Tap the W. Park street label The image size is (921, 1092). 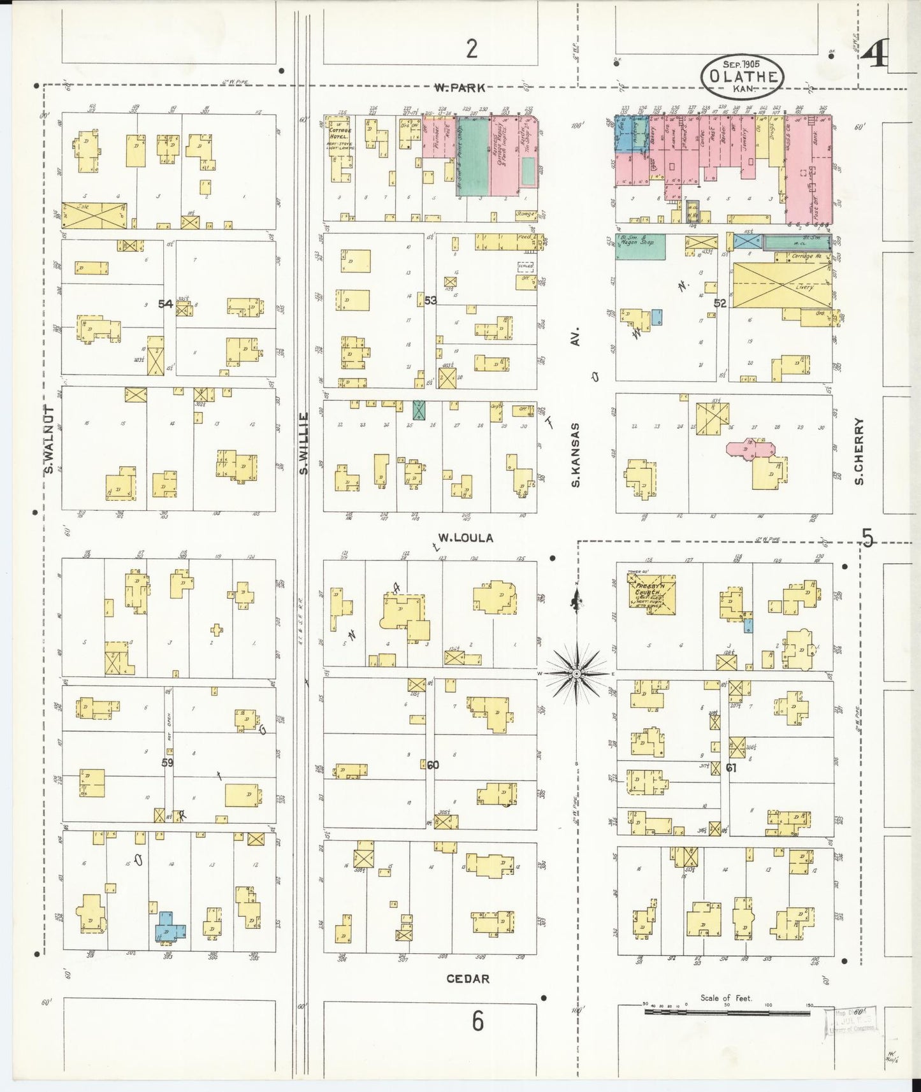point(459,88)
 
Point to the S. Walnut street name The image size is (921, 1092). point(48,440)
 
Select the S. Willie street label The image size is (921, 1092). point(304,443)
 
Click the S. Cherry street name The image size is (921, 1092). point(859,451)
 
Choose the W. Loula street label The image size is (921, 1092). point(465,538)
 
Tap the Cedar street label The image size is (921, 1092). point(468,979)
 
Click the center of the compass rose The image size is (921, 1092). point(576,673)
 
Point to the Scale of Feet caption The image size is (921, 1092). point(726,998)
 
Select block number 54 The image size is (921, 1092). point(166,304)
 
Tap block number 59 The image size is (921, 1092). point(167,762)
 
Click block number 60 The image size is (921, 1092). point(433,765)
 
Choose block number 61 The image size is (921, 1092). point(731,768)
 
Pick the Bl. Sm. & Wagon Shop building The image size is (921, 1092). point(641,247)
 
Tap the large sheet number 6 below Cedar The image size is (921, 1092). point(477,1021)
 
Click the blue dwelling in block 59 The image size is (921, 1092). point(170,926)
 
